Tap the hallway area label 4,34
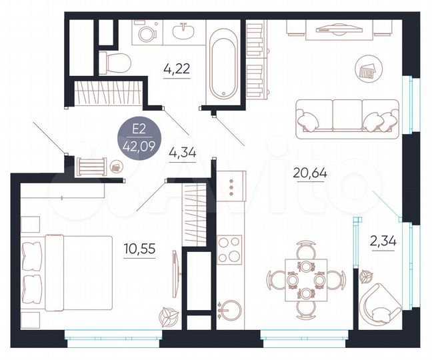[182, 151]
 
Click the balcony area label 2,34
[383, 241]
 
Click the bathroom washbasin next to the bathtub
[182, 31]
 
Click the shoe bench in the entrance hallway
[92, 164]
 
